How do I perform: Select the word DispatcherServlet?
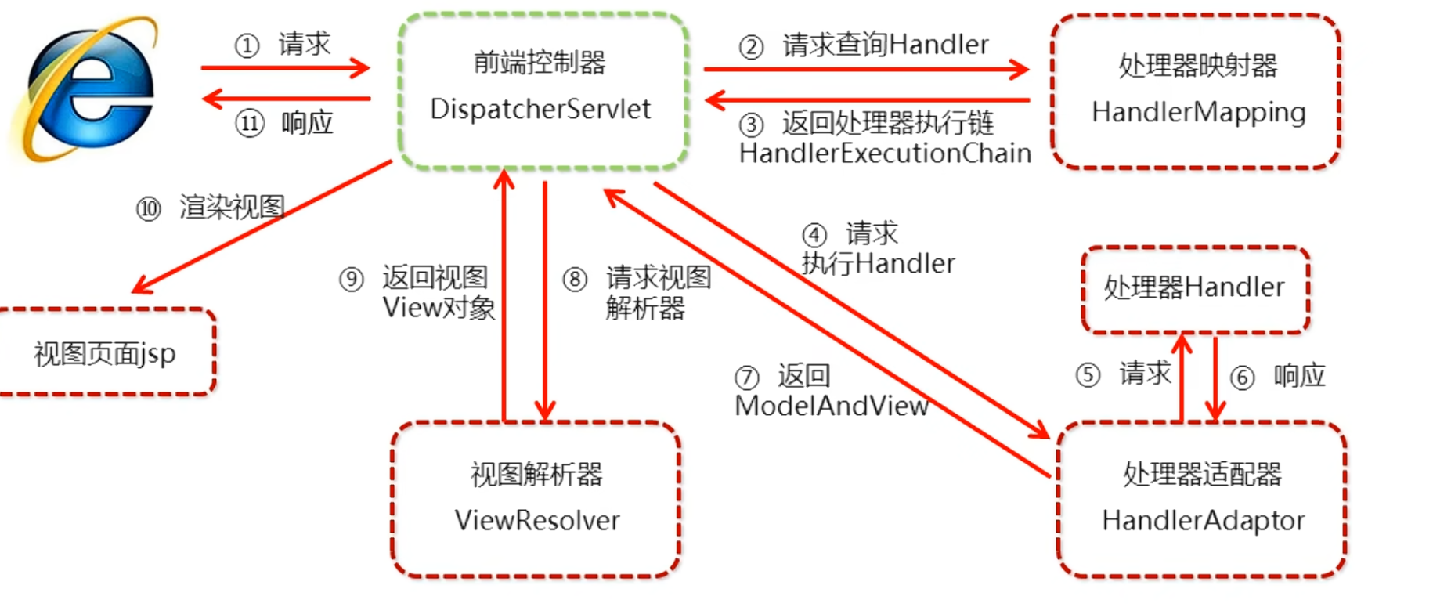(540, 110)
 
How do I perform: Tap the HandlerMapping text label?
(1198, 113)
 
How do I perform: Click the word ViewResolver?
(537, 521)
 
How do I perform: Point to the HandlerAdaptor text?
(1203, 521)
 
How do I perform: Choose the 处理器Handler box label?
(1194, 288)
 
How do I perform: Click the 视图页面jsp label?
(105, 354)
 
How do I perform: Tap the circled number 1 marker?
(247, 45)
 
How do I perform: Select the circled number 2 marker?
(751, 47)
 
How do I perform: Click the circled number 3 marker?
(751, 124)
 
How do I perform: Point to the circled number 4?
(814, 235)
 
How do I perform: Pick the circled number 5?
(1088, 375)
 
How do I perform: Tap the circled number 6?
(1242, 378)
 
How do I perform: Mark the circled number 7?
(746, 378)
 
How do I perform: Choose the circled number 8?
(575, 280)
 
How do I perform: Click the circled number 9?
(352, 280)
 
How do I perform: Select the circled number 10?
(148, 209)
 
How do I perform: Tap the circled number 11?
(250, 124)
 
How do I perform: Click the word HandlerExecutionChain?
(885, 154)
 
